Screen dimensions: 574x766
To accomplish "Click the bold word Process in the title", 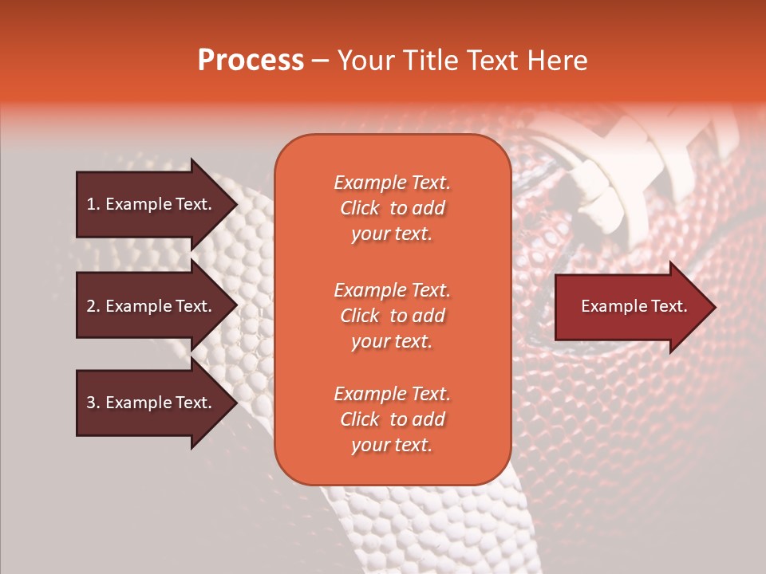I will click(251, 61).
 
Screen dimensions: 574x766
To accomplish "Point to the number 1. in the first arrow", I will click(93, 204).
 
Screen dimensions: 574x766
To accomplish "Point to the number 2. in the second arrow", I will click(93, 306).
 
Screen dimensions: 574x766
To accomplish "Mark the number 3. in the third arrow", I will click(93, 403).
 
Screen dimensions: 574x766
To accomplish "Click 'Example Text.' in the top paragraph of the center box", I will click(392, 183).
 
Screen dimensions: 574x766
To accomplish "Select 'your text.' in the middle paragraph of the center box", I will click(392, 341).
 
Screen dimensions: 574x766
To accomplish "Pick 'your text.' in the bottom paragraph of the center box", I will click(392, 445).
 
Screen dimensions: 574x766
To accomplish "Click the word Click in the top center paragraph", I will click(359, 208).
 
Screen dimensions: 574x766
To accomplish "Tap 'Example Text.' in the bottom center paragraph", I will click(392, 394).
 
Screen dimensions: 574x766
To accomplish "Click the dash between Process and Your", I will click(320, 61).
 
